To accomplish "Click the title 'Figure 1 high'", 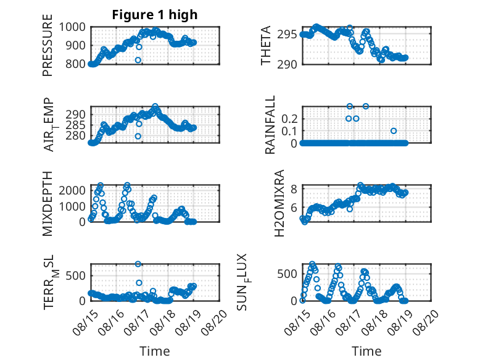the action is tap(155, 15).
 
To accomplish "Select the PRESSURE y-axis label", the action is tap(48, 45).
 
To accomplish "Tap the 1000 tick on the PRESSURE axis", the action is tap(72, 27).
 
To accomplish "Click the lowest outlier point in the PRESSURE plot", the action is tap(138, 60).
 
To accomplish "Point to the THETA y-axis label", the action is tap(266, 45).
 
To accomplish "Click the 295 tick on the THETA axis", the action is tap(287, 35).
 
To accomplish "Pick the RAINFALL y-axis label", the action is tap(270, 125).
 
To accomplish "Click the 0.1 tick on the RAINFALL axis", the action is tap(289, 131).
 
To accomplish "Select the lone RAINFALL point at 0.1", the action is tap(394, 131).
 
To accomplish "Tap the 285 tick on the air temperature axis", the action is tap(75, 125).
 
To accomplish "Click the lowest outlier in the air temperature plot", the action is tap(138, 136).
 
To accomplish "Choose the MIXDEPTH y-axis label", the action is tap(48, 204).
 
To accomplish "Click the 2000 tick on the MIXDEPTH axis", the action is tap(72, 191).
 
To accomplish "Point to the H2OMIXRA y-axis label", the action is tap(279, 203).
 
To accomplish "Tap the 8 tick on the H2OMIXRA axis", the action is tap(294, 189).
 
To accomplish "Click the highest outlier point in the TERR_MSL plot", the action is tap(138, 264).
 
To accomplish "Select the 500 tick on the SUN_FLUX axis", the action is tap(287, 274).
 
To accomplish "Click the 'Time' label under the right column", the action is tap(366, 351).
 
